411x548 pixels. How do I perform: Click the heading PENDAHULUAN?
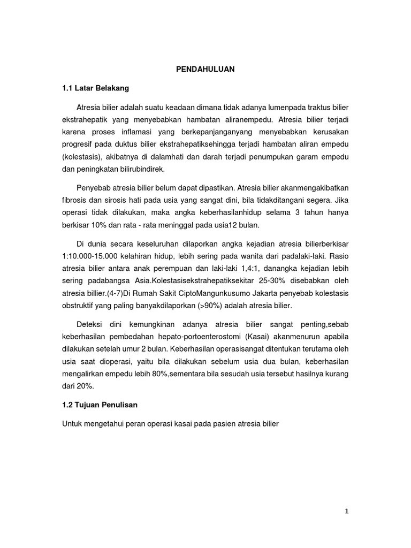point(205,69)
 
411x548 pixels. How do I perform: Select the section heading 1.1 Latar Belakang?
point(96,87)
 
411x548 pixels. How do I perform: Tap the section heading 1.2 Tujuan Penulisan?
point(101,406)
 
